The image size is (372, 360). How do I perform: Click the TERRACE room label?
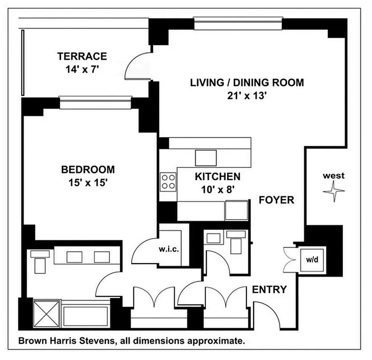coord(82,56)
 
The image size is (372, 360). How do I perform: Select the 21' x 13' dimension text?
coord(247,96)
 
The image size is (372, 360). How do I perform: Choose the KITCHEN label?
coord(217,176)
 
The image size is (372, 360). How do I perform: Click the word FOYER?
coord(276,200)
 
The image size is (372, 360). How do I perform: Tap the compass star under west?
coord(334,192)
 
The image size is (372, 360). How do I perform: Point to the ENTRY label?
coord(269,289)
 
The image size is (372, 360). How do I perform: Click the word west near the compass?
coord(334,175)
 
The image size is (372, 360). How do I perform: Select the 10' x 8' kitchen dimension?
coord(217,190)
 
